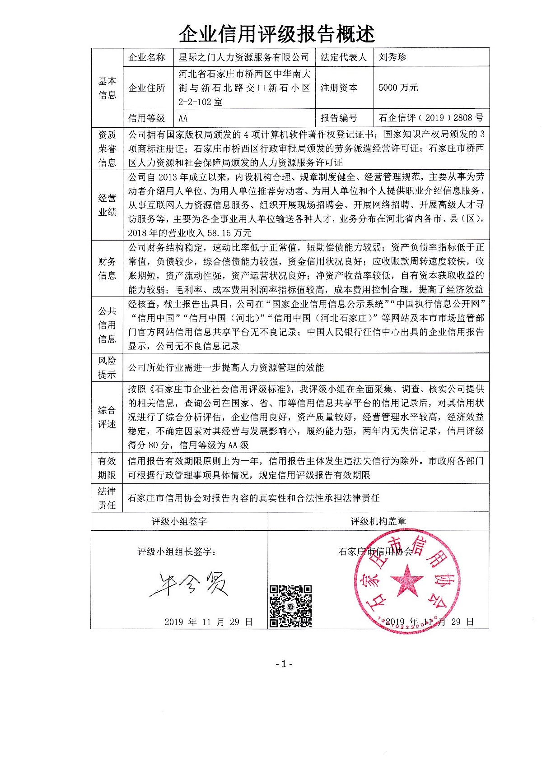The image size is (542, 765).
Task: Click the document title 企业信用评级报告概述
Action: (276, 33)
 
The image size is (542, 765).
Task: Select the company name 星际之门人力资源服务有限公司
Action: (244, 57)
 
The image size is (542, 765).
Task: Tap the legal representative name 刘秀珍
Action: (392, 57)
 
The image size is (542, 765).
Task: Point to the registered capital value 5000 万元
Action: (398, 88)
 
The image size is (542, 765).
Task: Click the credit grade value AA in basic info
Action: (183, 118)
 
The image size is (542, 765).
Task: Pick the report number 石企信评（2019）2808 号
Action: (431, 118)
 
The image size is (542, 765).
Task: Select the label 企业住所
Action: (147, 88)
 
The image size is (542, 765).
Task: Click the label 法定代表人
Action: (344, 57)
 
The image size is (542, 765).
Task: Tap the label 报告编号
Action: (339, 118)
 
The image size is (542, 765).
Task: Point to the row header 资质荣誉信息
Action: (107, 148)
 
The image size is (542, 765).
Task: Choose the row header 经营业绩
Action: (107, 205)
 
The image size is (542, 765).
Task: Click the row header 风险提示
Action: (107, 367)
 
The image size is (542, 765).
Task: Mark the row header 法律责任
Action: (107, 498)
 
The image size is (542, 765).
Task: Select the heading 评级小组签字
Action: (179, 521)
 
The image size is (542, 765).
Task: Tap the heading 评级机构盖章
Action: (378, 521)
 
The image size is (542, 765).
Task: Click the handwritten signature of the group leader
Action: (188, 585)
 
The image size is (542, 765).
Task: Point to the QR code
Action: (290, 606)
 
